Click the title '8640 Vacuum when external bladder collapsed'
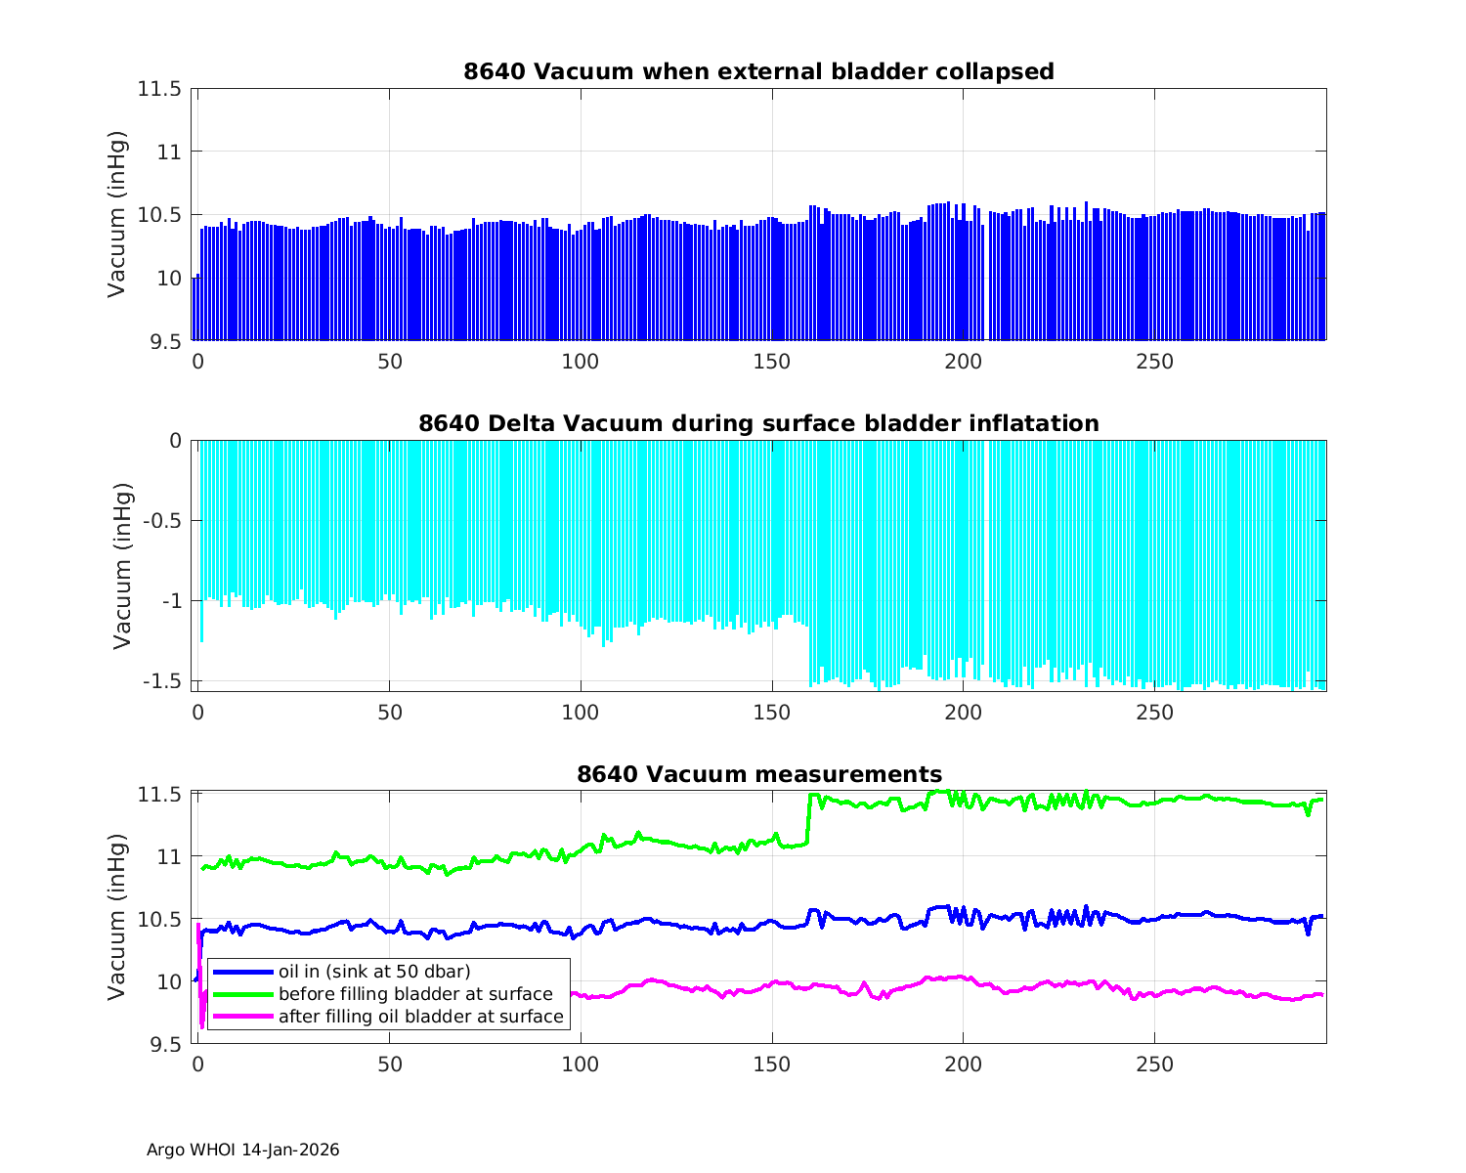pos(758,71)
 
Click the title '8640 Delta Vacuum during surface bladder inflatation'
pos(758,423)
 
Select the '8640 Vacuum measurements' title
pos(758,775)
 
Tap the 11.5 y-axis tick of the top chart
pos(159,89)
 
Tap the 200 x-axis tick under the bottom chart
pos(963,1064)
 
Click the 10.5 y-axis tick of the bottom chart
pos(159,919)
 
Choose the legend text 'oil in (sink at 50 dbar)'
pos(374,972)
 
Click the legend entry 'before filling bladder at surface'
pos(415,994)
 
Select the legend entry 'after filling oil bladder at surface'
pos(420,1017)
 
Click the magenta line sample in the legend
pos(242,1017)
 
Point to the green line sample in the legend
pos(242,994)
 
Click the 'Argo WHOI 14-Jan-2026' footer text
pos(242,1150)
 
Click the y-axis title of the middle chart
pos(122,566)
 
